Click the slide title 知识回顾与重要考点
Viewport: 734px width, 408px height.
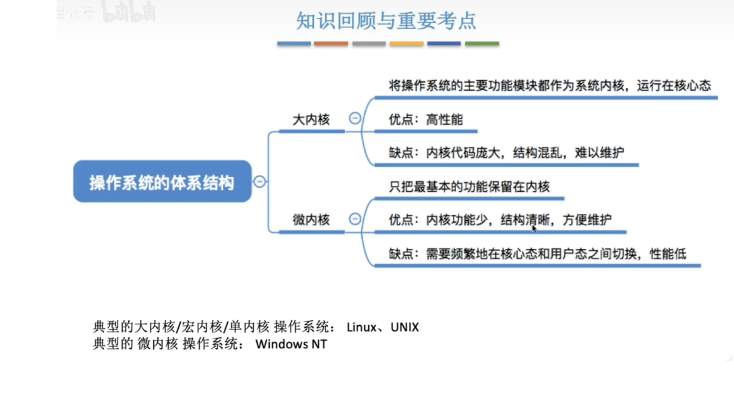pos(386,21)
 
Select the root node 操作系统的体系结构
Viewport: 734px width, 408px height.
pos(162,183)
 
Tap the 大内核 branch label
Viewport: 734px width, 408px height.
pos(311,119)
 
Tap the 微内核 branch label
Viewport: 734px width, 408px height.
pos(311,220)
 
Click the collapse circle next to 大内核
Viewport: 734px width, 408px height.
pos(355,118)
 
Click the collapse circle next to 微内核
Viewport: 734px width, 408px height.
pos(355,219)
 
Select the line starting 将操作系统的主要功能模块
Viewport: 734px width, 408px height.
pos(550,85)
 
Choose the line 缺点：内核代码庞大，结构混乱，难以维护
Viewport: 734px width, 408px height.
pos(506,153)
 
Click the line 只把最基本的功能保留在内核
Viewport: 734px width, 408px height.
pos(469,186)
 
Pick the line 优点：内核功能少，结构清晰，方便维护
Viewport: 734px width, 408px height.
pos(500,220)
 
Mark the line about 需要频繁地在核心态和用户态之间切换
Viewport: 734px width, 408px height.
pos(537,254)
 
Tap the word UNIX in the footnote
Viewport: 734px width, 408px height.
pos(405,327)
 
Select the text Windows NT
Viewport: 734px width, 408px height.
pos(291,344)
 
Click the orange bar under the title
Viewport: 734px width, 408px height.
pos(331,43)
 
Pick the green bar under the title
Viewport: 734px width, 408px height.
pos(481,43)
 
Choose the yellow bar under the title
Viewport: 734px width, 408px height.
pos(406,43)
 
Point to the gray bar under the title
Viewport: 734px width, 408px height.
pos(369,43)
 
